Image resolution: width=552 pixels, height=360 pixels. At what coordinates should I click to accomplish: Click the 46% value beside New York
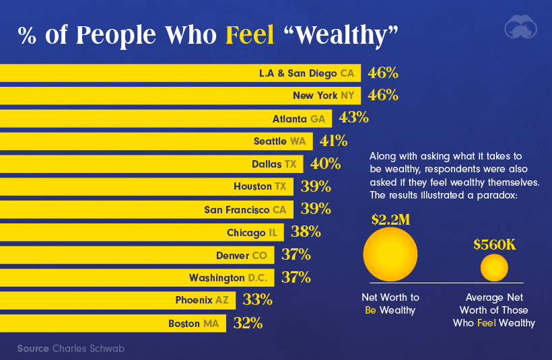coord(383,95)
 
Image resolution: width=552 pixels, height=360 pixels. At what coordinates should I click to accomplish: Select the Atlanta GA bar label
coord(298,118)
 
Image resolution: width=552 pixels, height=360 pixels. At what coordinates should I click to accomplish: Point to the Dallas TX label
coord(273,164)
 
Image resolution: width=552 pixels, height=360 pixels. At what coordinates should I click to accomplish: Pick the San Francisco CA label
coord(245,209)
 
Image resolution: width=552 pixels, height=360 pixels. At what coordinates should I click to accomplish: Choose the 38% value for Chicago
coord(306,232)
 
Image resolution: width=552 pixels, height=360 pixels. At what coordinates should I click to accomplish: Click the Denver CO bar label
coord(241,255)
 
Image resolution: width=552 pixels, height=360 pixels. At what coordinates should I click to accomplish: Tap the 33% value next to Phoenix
coord(258,300)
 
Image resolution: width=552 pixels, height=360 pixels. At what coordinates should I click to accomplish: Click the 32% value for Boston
coord(248,323)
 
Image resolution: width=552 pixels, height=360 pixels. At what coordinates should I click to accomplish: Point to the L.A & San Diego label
coord(306,72)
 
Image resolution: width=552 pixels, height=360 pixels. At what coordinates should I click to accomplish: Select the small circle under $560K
coord(494,268)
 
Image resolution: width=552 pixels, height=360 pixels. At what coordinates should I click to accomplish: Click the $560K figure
coord(494,244)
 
